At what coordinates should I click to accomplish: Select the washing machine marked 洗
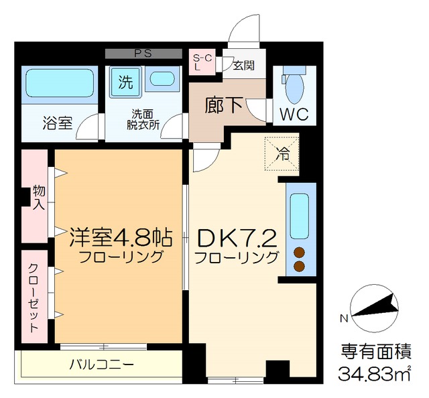point(125,83)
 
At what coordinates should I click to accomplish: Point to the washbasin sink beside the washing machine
point(161,79)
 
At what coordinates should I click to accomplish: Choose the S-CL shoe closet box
point(202,62)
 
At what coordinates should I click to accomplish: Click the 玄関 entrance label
point(243,65)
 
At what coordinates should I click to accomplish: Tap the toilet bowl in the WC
point(293,86)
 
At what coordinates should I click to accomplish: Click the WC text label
point(294,114)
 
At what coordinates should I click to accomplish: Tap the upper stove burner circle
point(298,253)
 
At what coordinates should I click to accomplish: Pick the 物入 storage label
point(38,196)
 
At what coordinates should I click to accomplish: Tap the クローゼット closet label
point(34,297)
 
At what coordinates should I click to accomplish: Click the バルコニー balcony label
point(102,365)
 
